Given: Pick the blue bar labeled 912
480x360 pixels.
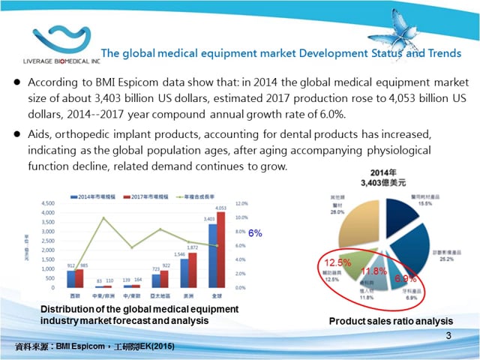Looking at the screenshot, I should (70, 279).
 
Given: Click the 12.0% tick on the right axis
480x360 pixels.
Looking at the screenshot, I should (241, 203).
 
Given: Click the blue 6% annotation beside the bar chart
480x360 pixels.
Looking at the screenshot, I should (255, 233).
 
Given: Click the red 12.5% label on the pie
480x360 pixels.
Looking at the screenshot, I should (337, 262).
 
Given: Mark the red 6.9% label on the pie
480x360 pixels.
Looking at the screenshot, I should (406, 279).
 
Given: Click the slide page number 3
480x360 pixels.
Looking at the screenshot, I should (448, 335).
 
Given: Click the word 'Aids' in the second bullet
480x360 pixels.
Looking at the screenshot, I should (37, 133).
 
